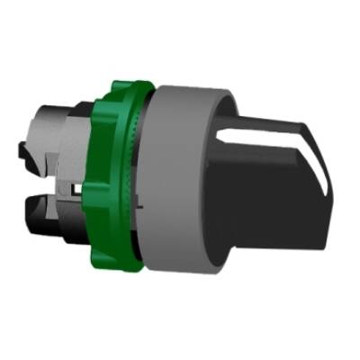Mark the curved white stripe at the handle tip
(303, 148)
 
